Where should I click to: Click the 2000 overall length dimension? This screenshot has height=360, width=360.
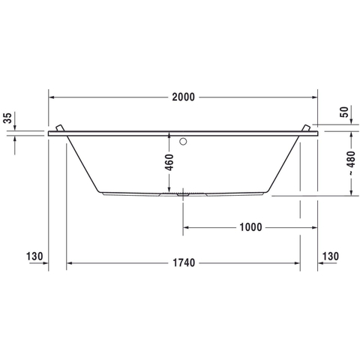(183, 97)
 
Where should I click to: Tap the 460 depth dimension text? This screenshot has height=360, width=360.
(169, 163)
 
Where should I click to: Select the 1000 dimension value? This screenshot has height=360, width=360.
(250, 227)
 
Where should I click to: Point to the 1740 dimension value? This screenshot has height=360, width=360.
(184, 262)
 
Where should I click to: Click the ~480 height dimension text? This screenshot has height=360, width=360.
(351, 163)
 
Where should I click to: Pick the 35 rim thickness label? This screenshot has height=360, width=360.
(7, 118)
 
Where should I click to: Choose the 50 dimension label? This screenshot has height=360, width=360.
(344, 112)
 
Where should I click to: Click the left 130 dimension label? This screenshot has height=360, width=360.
(34, 256)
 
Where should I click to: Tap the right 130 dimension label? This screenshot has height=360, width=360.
(331, 256)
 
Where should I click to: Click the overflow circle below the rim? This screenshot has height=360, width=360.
(183, 142)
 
